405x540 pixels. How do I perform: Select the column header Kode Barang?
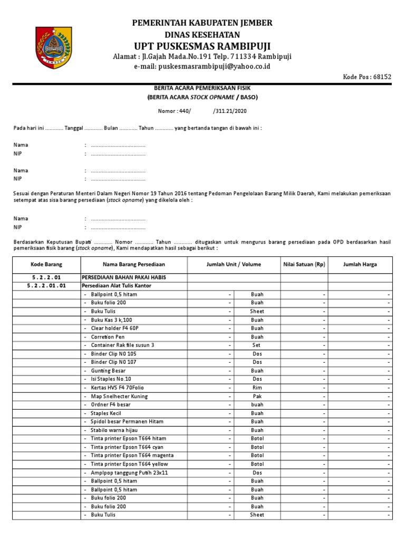[46, 264]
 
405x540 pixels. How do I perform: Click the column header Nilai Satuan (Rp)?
[304, 264]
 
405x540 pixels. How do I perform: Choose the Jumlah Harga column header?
[360, 264]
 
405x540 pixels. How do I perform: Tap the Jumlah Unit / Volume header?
[234, 264]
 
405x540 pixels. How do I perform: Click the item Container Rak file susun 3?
[122, 345]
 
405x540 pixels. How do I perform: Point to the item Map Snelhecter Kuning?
[119, 396]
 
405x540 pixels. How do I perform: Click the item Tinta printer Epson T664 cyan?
[128, 447]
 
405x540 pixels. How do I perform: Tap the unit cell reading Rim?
[257, 388]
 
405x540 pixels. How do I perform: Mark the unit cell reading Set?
[257, 345]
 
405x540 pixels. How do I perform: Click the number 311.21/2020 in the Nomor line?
[232, 111]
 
